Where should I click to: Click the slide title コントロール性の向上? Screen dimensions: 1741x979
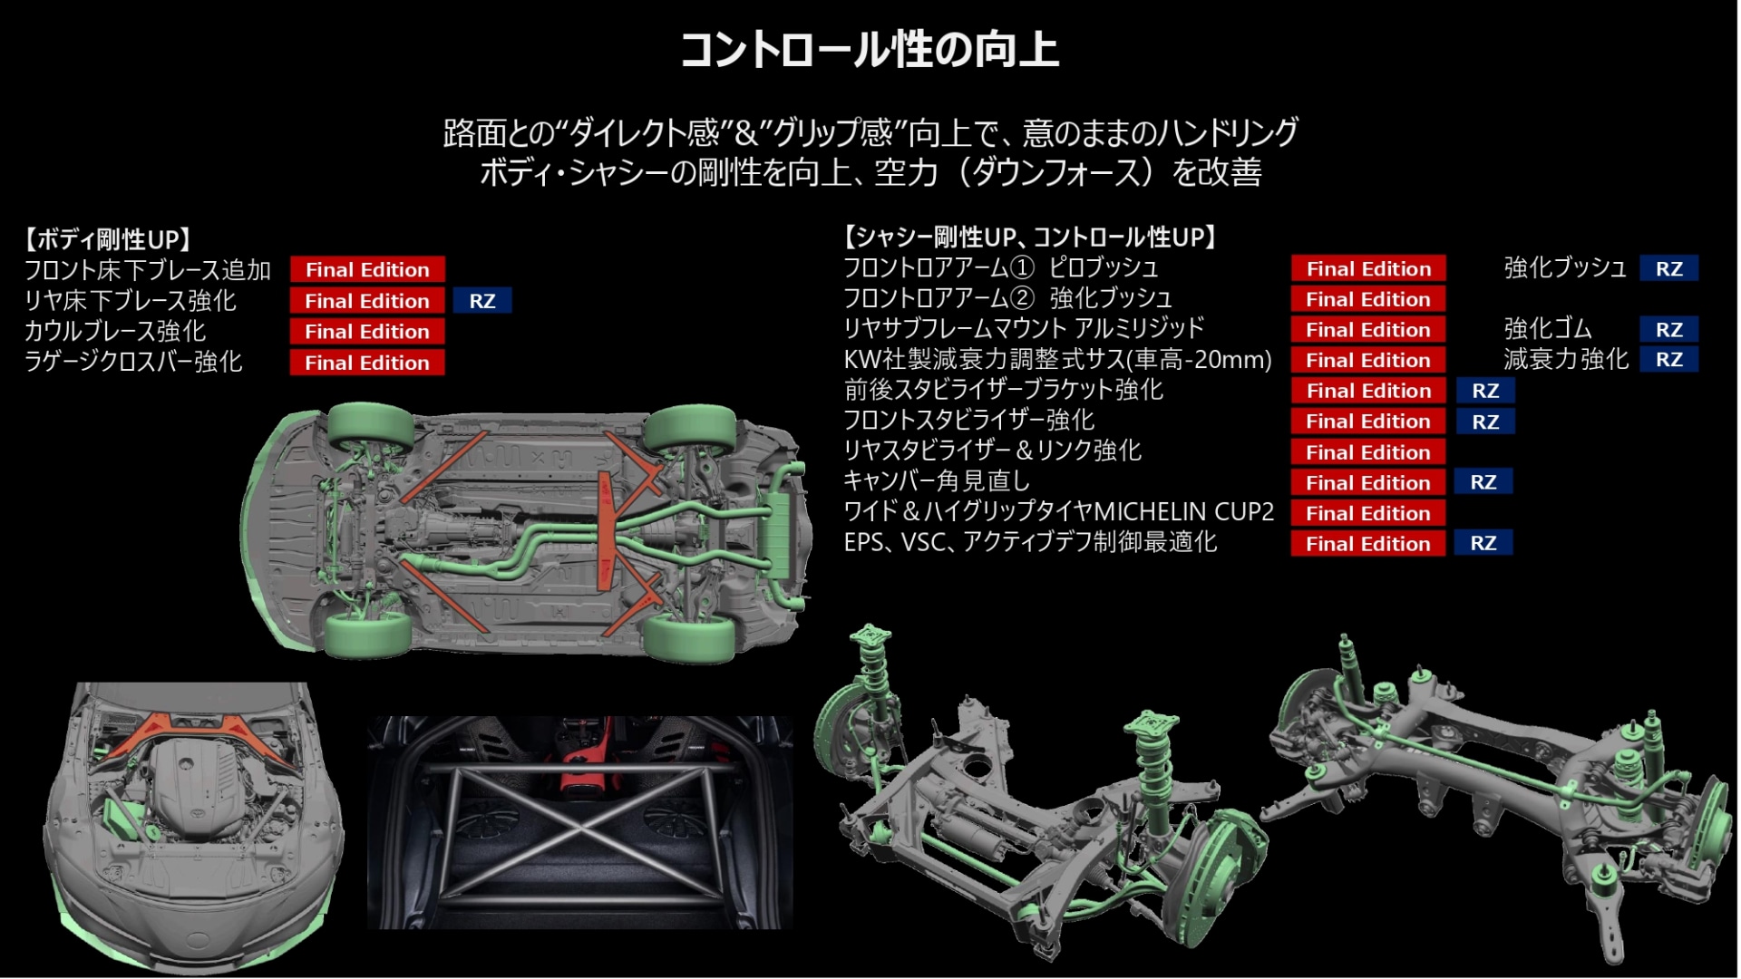(x=870, y=50)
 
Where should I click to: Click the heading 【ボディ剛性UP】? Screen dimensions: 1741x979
(x=109, y=239)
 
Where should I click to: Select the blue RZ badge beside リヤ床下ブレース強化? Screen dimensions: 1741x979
(x=482, y=301)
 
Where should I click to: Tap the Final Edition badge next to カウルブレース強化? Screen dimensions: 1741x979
(x=367, y=332)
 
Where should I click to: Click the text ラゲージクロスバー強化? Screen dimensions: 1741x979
(x=133, y=362)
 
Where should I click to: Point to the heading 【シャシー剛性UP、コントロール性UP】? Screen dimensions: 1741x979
(x=1031, y=237)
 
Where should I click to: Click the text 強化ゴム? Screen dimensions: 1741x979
(x=1548, y=329)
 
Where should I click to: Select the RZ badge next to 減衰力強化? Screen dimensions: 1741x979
(x=1669, y=360)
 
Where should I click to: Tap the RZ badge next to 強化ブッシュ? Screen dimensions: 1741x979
(x=1669, y=269)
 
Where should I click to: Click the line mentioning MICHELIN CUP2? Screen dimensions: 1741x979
(x=1058, y=512)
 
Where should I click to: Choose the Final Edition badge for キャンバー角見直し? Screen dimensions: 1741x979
(x=1368, y=483)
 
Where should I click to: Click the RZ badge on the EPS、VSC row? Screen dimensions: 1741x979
(x=1483, y=544)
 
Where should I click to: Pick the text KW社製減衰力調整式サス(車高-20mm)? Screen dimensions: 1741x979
(x=1057, y=360)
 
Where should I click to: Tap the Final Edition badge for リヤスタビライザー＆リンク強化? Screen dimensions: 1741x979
(x=1368, y=452)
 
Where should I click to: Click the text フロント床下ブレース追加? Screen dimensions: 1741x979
(x=147, y=270)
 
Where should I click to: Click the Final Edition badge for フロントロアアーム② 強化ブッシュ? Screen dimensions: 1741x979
(x=1368, y=299)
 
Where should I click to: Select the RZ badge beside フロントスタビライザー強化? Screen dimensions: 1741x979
(x=1485, y=422)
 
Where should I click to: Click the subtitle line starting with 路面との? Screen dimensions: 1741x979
(x=870, y=133)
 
